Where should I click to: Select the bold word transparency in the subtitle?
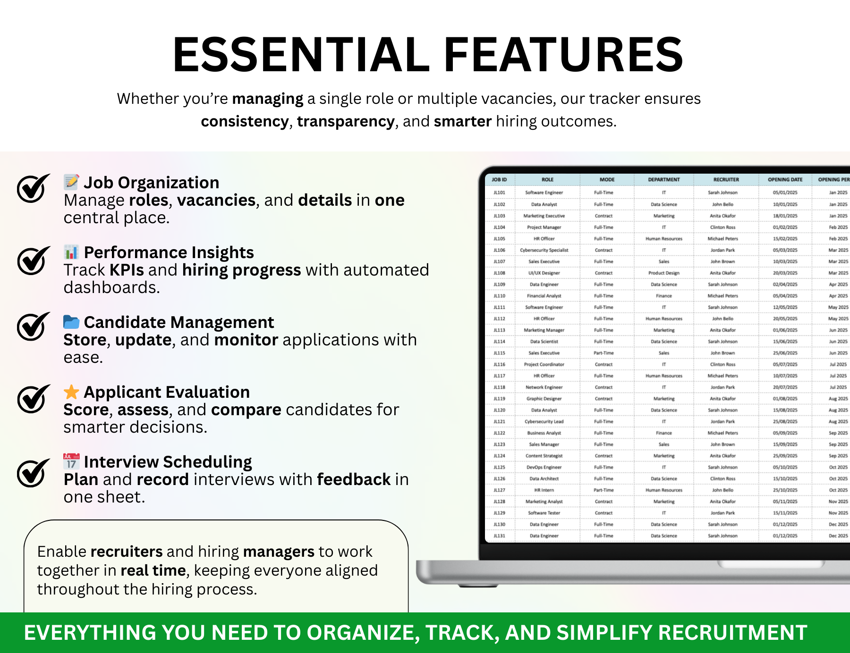coord(346,121)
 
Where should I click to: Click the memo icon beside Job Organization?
coord(71,182)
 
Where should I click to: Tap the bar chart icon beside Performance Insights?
coord(71,252)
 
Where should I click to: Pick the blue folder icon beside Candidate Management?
coord(71,322)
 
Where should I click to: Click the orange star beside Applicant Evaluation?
coord(71,392)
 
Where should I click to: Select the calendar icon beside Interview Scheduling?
coord(71,461)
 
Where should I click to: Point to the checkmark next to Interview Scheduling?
coord(33,473)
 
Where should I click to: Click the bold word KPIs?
coord(127,270)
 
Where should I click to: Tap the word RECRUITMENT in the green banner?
coord(732,633)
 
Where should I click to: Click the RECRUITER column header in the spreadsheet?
coord(726,180)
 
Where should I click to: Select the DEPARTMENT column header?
coord(663,180)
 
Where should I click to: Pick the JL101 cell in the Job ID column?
coord(499,193)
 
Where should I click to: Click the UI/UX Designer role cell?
coord(544,273)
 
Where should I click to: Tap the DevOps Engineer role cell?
coord(544,468)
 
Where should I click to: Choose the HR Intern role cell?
coord(544,490)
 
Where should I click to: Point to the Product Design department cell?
coord(663,273)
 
